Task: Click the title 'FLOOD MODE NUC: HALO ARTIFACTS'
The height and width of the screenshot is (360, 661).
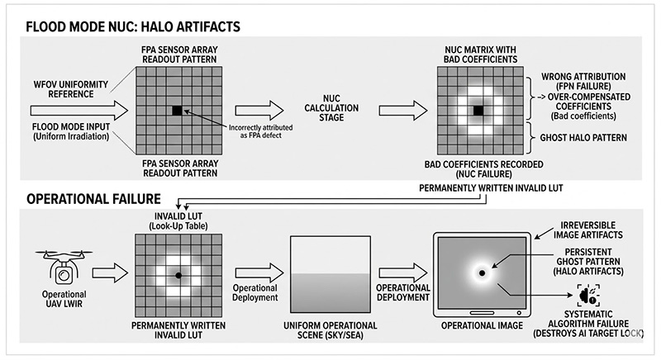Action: pos(133,26)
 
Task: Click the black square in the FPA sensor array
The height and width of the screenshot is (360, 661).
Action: pos(177,110)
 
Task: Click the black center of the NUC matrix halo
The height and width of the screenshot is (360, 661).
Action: pos(477,110)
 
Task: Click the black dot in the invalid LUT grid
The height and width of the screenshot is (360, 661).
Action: pos(178,273)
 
